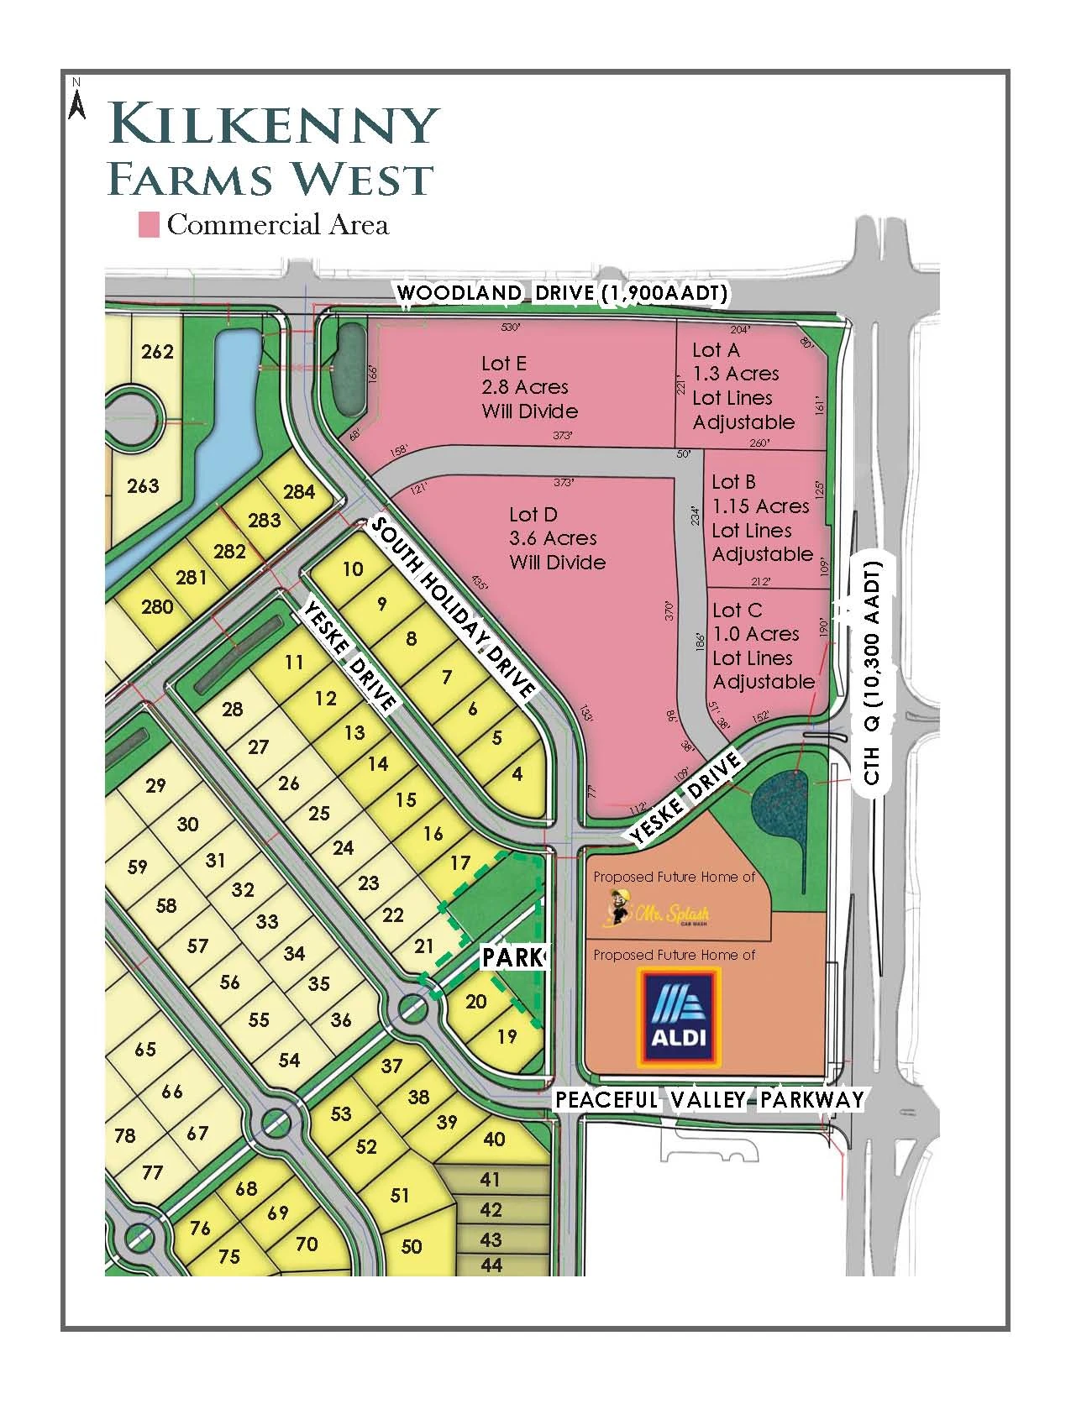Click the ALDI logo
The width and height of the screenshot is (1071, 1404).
679,1017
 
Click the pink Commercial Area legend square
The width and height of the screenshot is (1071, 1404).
149,225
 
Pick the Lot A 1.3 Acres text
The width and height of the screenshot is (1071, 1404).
736,374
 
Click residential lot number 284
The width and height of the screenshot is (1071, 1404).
299,492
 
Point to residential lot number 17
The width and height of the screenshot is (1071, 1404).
459,862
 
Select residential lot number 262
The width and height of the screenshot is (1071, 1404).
157,351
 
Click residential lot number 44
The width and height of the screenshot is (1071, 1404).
491,1264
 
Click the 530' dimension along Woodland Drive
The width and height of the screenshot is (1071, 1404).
510,327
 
